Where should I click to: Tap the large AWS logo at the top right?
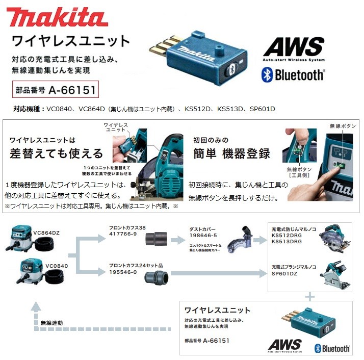coord(293,50)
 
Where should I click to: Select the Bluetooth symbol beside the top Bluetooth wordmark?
coord(267,75)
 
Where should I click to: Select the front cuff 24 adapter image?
coord(155,277)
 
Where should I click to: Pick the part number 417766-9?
coord(123,234)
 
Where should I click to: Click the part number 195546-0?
coord(123,272)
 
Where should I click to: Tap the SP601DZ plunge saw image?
coord(333,275)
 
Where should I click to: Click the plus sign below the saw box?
coord(309,296)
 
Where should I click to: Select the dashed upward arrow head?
coord(36,306)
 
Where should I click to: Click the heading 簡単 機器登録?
coord(231,153)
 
